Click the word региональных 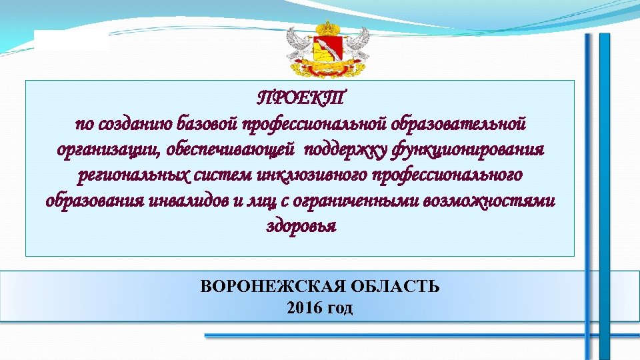coord(133,176)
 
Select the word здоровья coord(301,227)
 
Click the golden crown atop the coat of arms coord(327,29)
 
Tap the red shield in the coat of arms coord(327,52)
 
